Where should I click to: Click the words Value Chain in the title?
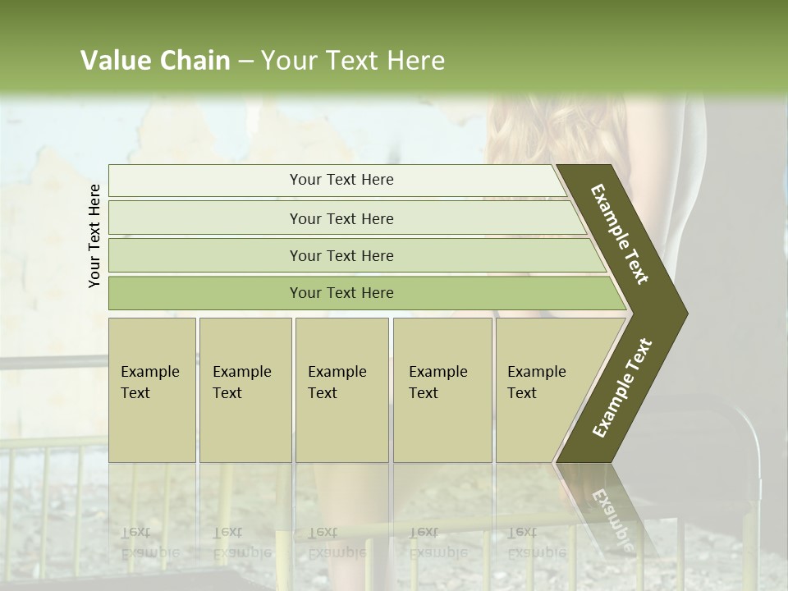(155, 61)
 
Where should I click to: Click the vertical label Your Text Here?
(94, 236)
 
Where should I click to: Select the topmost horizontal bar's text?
(341, 180)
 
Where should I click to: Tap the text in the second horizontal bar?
(341, 219)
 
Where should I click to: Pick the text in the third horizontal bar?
(341, 256)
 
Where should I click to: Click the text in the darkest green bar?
(341, 293)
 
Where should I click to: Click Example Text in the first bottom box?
(149, 383)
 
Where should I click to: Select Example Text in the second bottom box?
(241, 383)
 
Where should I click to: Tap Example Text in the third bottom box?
(337, 383)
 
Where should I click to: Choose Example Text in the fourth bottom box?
(438, 383)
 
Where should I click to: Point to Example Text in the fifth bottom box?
(536, 383)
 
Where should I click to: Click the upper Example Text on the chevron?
(620, 234)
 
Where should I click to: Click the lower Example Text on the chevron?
(622, 388)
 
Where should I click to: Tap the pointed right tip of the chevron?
(685, 313)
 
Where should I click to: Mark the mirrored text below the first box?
(149, 542)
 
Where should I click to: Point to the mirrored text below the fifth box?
(536, 542)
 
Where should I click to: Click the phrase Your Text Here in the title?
(353, 61)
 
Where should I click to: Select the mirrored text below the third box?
(337, 542)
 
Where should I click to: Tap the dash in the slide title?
(245, 62)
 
